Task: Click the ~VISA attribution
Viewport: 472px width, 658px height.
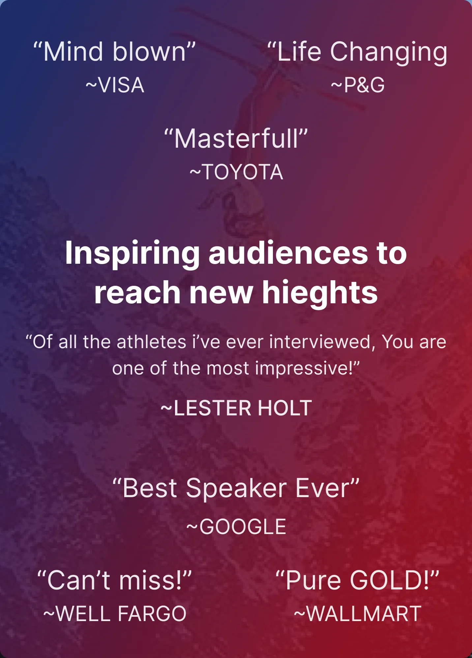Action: (115, 85)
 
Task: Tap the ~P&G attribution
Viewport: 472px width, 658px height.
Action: (358, 85)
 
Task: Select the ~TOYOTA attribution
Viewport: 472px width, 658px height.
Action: (236, 172)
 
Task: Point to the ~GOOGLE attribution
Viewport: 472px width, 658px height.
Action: (236, 526)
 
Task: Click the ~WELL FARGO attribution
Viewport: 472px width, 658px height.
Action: (115, 613)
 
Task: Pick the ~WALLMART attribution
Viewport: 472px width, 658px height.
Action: (358, 613)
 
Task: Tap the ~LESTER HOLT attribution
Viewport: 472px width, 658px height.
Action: (236, 408)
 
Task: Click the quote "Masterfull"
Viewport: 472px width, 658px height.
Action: (236, 139)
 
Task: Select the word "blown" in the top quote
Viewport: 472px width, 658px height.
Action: (150, 52)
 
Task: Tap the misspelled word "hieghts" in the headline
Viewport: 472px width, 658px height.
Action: (320, 292)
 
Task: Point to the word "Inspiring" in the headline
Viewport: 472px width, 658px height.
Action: (133, 254)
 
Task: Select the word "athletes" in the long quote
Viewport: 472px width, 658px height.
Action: (152, 342)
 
